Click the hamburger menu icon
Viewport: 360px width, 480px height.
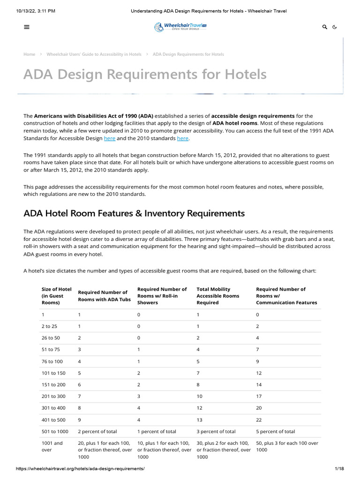coord(27,27)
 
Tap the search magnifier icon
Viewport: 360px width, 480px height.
coord(325,27)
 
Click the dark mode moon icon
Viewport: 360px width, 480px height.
coord(335,27)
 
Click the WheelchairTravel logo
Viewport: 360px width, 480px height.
coord(180,27)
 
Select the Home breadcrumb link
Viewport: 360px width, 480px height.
coord(29,54)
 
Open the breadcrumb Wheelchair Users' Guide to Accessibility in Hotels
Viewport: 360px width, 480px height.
coord(94,54)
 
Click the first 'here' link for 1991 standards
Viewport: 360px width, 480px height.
coord(109,138)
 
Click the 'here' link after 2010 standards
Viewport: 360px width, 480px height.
coord(182,138)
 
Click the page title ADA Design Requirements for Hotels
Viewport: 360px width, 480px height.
coord(145,74)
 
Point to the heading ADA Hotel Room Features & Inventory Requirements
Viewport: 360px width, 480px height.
coord(134,213)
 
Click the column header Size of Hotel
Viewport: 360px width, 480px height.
coord(56,296)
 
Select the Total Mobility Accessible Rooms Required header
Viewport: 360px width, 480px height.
coord(217,296)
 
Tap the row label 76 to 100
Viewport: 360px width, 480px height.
coord(52,361)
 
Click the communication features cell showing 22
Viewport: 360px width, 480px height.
coord(259,420)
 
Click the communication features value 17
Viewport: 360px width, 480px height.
coord(259,396)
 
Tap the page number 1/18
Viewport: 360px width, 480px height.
coord(339,469)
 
